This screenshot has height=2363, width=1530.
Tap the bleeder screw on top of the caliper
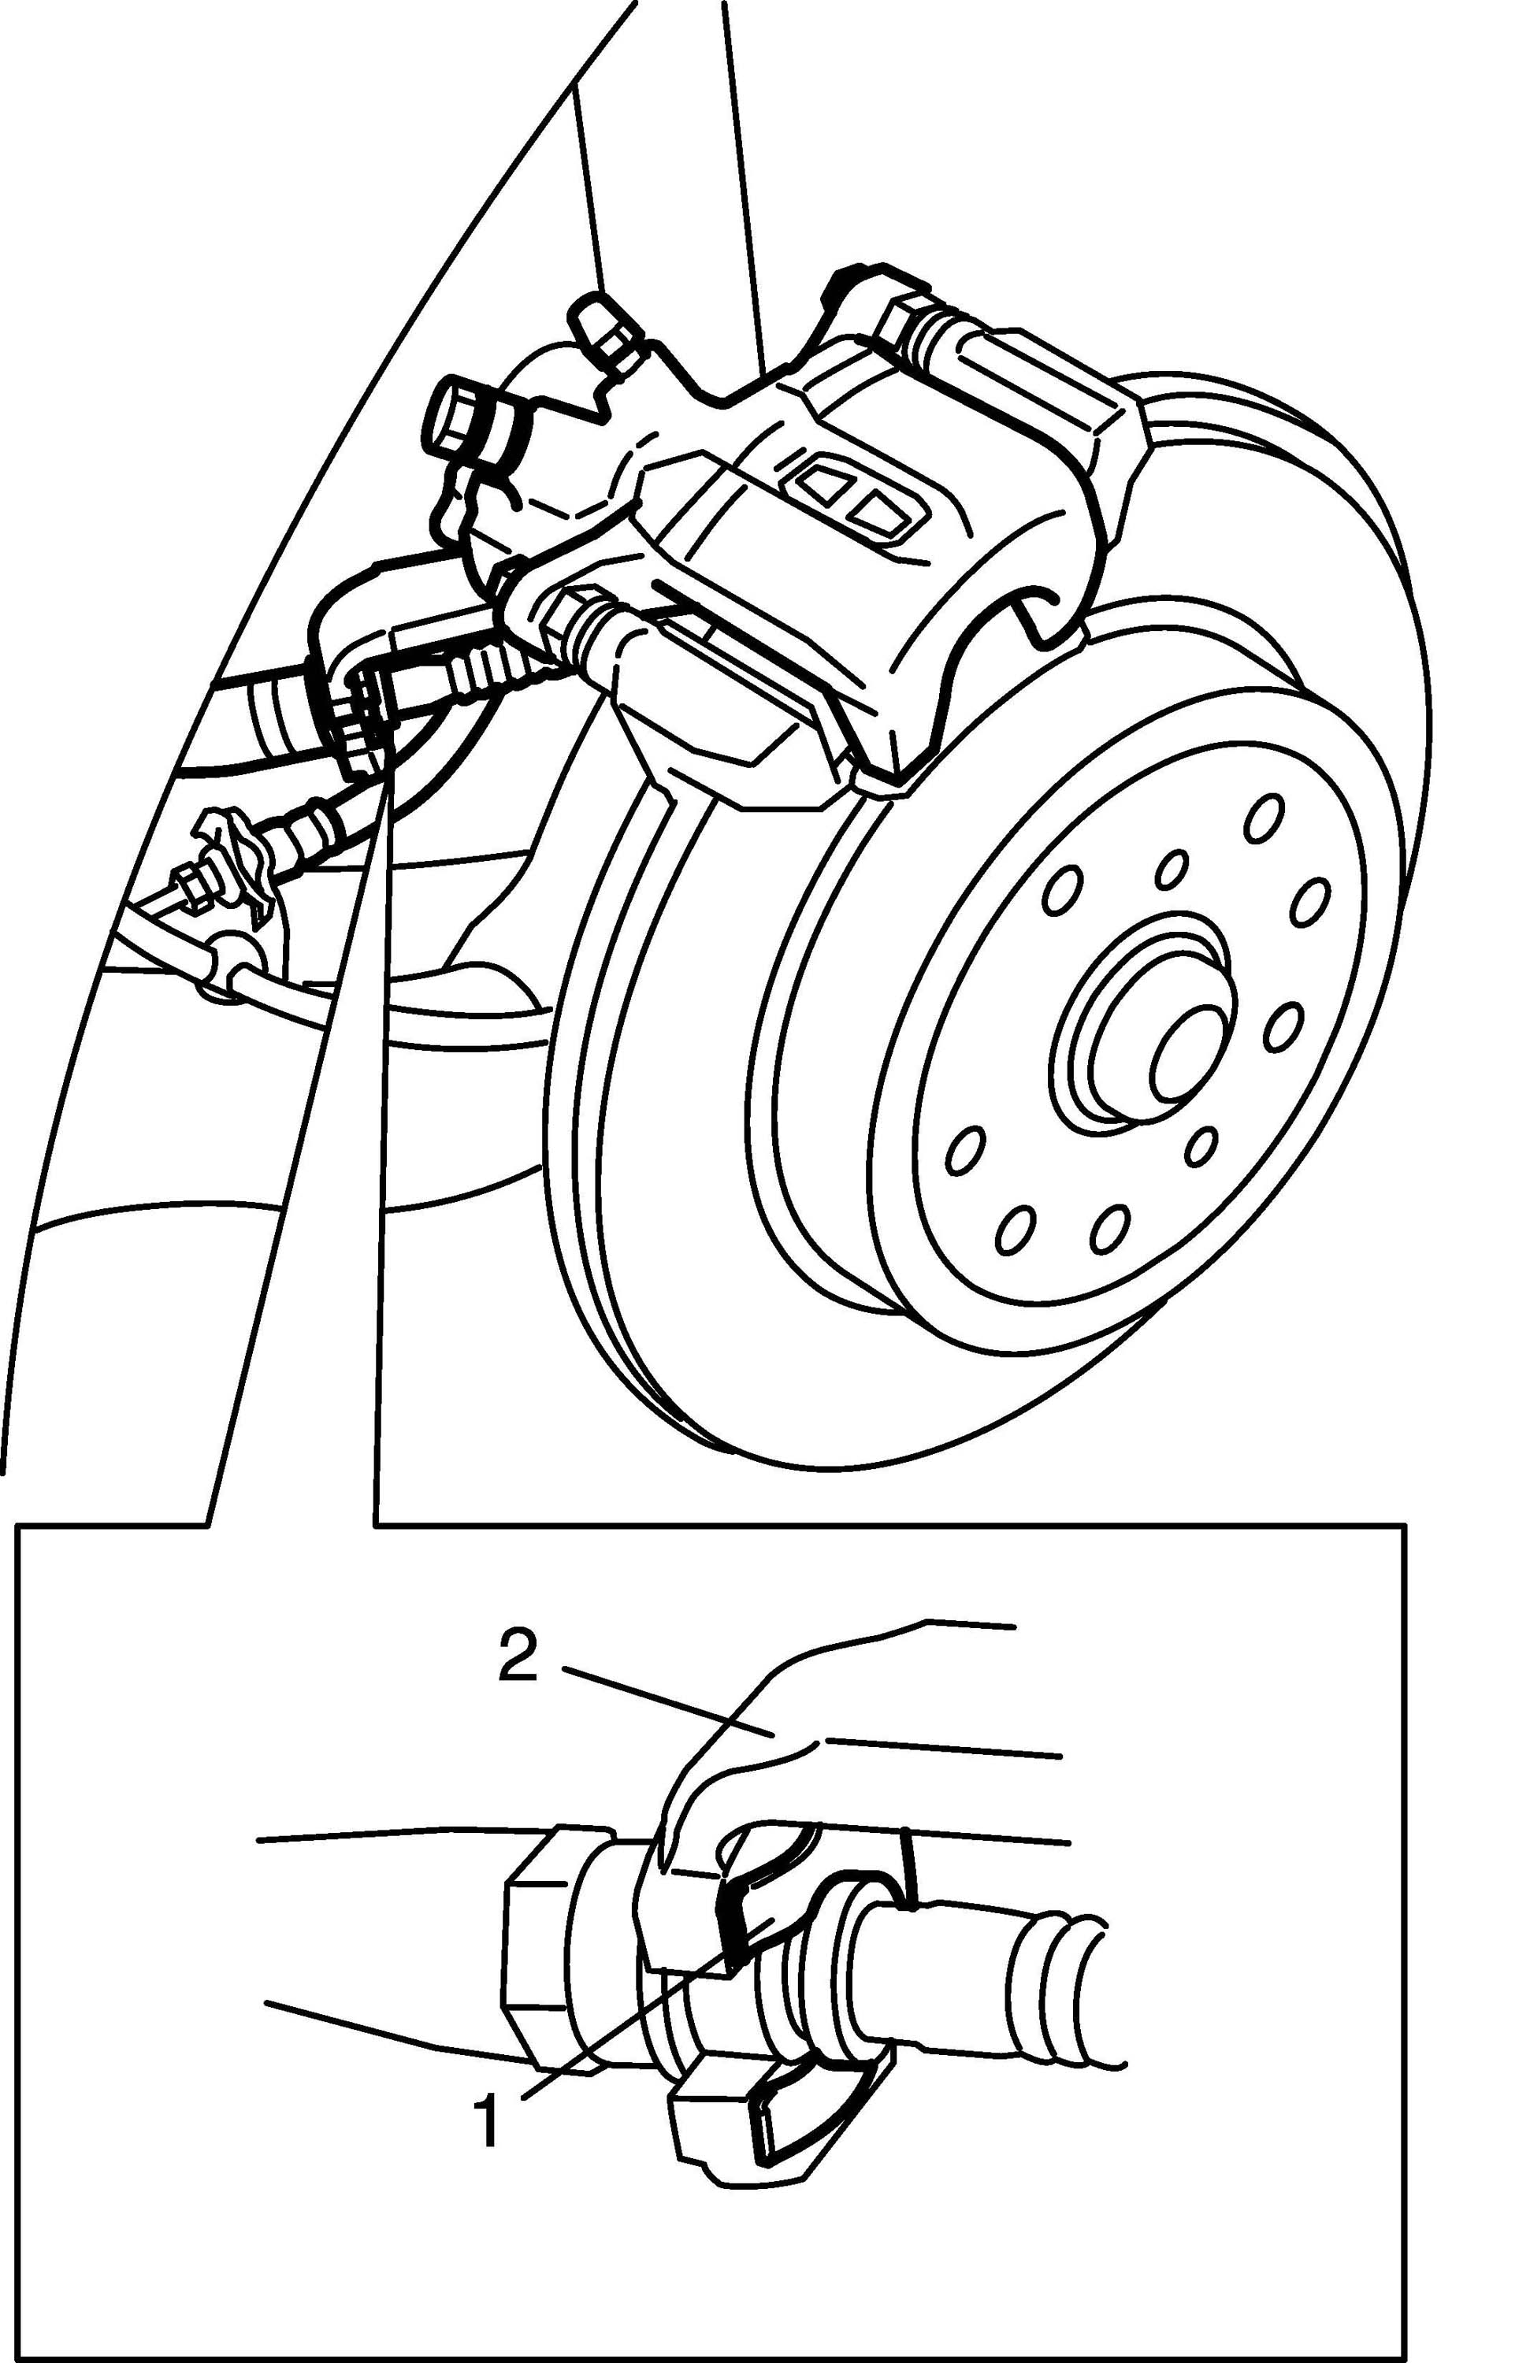(x=596, y=325)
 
